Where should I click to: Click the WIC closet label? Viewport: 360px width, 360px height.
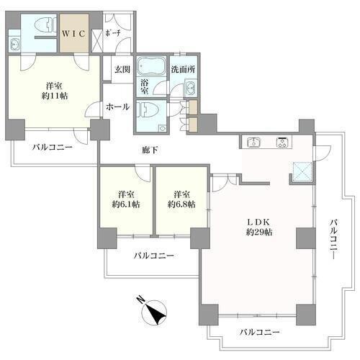tap(73, 34)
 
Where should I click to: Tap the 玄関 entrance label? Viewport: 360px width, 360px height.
tap(122, 69)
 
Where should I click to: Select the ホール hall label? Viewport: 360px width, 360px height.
tap(117, 107)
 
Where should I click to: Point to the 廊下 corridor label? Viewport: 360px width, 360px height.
tap(150, 150)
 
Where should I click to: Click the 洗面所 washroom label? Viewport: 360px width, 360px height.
tap(183, 69)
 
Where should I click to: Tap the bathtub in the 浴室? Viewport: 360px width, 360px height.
tap(151, 66)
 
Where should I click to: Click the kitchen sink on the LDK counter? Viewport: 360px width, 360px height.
tap(254, 142)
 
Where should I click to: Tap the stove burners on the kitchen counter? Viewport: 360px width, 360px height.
tap(284, 142)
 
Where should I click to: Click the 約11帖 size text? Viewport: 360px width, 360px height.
tap(55, 96)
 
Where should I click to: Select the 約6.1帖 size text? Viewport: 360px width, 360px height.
tap(126, 204)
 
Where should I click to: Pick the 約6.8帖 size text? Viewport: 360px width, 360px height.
tap(181, 204)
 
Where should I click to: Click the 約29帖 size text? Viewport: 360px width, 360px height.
tap(259, 232)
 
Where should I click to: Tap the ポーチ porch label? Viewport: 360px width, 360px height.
tap(112, 33)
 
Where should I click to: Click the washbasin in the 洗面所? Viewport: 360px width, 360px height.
tap(191, 88)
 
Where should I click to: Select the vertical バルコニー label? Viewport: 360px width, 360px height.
tap(333, 240)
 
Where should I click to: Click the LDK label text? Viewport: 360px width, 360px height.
tap(259, 222)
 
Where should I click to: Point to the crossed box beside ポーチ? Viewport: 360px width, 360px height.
tap(97, 40)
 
